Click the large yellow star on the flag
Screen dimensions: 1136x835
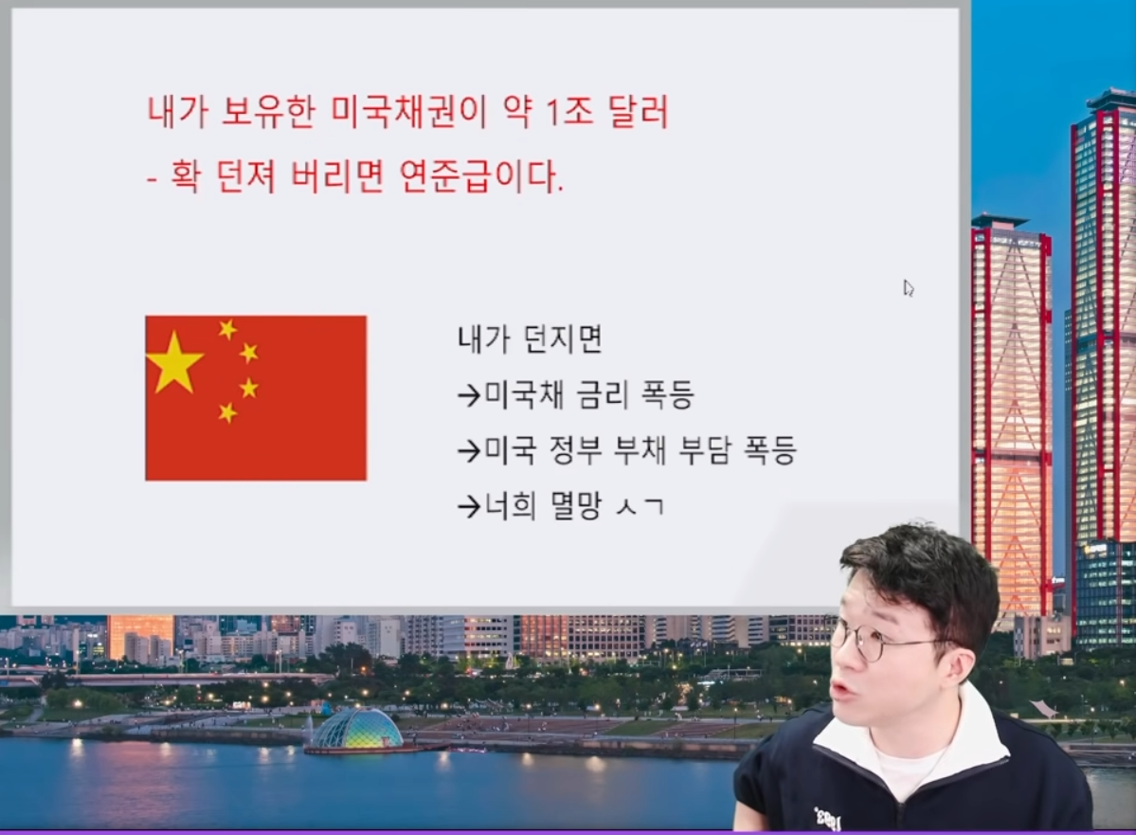coord(174,362)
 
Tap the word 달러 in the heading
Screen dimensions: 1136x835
coord(639,112)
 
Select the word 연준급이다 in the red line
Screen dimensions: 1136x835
coord(481,176)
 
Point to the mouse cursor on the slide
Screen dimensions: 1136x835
coord(908,288)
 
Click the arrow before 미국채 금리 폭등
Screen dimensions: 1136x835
coord(470,396)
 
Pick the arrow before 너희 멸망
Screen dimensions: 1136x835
coord(470,507)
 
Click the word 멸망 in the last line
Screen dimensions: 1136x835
coord(576,505)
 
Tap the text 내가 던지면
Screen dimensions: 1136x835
coord(530,339)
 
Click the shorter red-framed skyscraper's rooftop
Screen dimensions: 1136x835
coord(1000,220)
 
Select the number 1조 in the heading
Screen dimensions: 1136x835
coord(568,112)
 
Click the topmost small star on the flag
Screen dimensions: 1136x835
coord(227,329)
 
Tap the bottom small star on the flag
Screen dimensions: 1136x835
coord(227,412)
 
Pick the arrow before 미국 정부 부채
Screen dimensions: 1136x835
coord(470,451)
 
